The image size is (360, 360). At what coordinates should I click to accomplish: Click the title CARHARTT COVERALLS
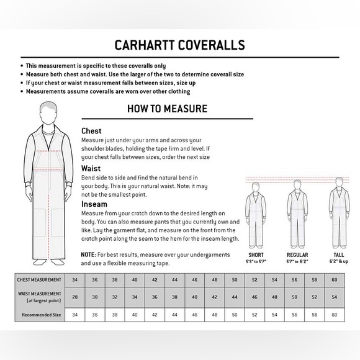pos(179,45)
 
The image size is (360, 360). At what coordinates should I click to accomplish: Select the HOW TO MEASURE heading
pos(167,109)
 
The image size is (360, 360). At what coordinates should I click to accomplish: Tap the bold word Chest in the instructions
pos(92,131)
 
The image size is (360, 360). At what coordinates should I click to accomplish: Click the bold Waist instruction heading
pos(92,168)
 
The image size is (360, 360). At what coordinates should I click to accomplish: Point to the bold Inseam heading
pos(94,204)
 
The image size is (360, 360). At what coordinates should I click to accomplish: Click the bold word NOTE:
pos(89,255)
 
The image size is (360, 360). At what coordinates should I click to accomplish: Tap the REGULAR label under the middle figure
pos(297,254)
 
